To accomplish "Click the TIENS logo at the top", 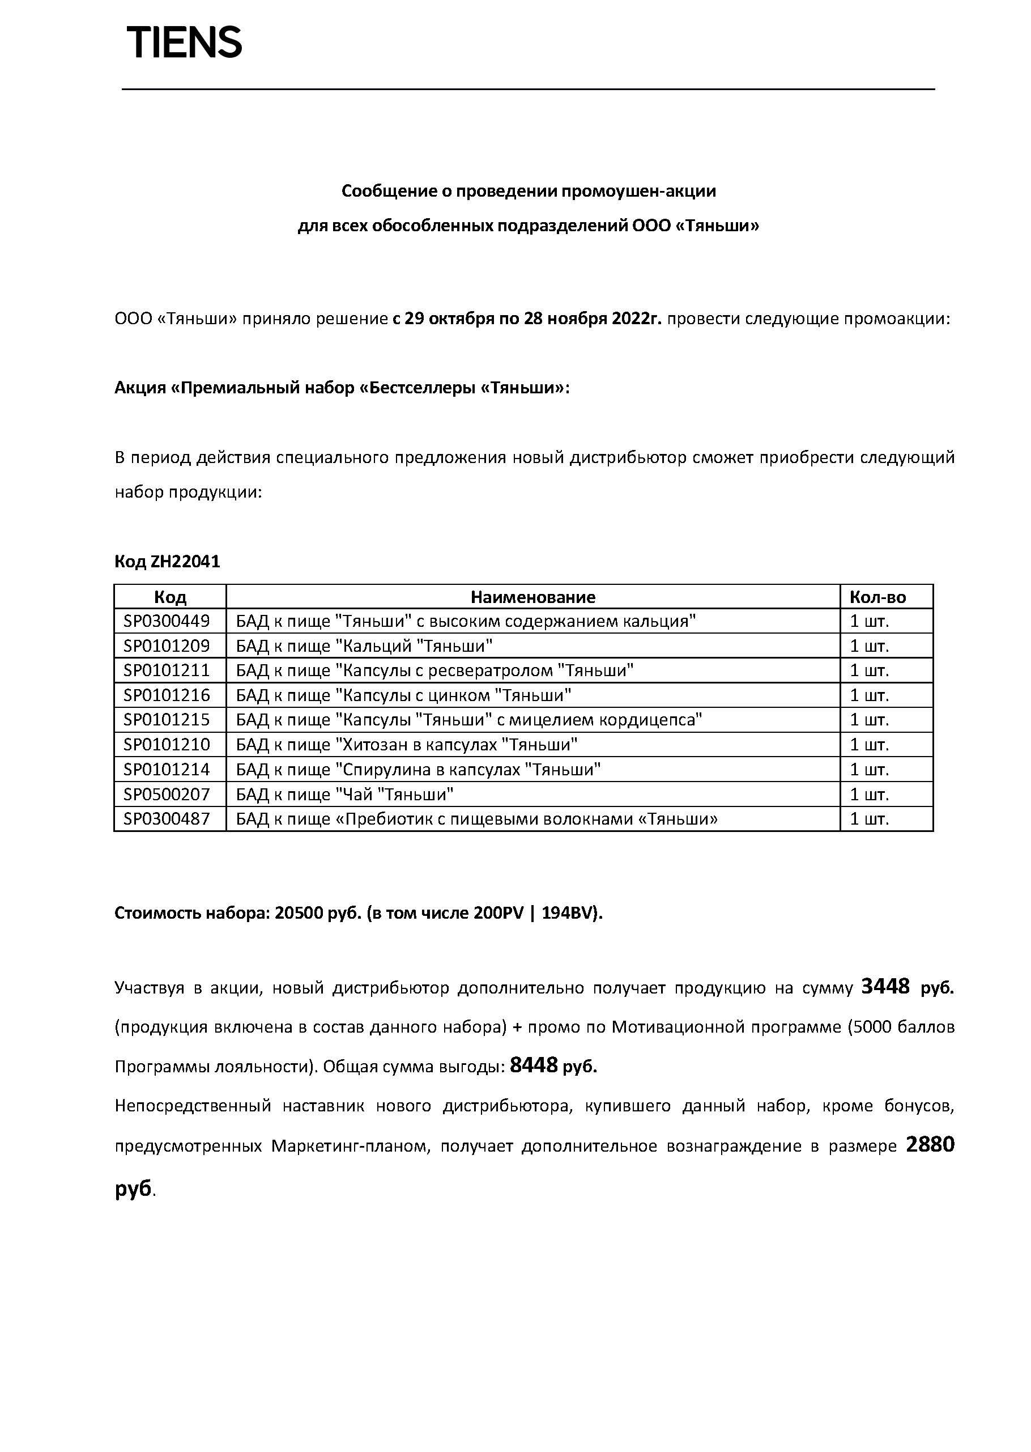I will (x=184, y=43).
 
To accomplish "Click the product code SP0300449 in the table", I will (x=167, y=621).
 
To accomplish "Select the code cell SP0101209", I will (x=167, y=646).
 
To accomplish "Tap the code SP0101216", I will (x=167, y=695).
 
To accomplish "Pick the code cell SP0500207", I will (x=167, y=794).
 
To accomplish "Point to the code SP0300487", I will (x=167, y=819).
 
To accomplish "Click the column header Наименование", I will (x=532, y=597).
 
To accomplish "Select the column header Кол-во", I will (x=877, y=597).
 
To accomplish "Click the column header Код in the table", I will (x=169, y=597).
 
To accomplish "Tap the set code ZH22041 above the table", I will (x=185, y=562).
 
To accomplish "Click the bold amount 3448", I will (x=885, y=987).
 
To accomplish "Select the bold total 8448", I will (x=533, y=1064).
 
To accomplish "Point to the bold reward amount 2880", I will (x=930, y=1144).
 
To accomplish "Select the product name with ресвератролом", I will (x=434, y=670).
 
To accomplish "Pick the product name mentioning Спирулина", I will (x=417, y=769).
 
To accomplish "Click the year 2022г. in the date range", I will (x=636, y=318).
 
